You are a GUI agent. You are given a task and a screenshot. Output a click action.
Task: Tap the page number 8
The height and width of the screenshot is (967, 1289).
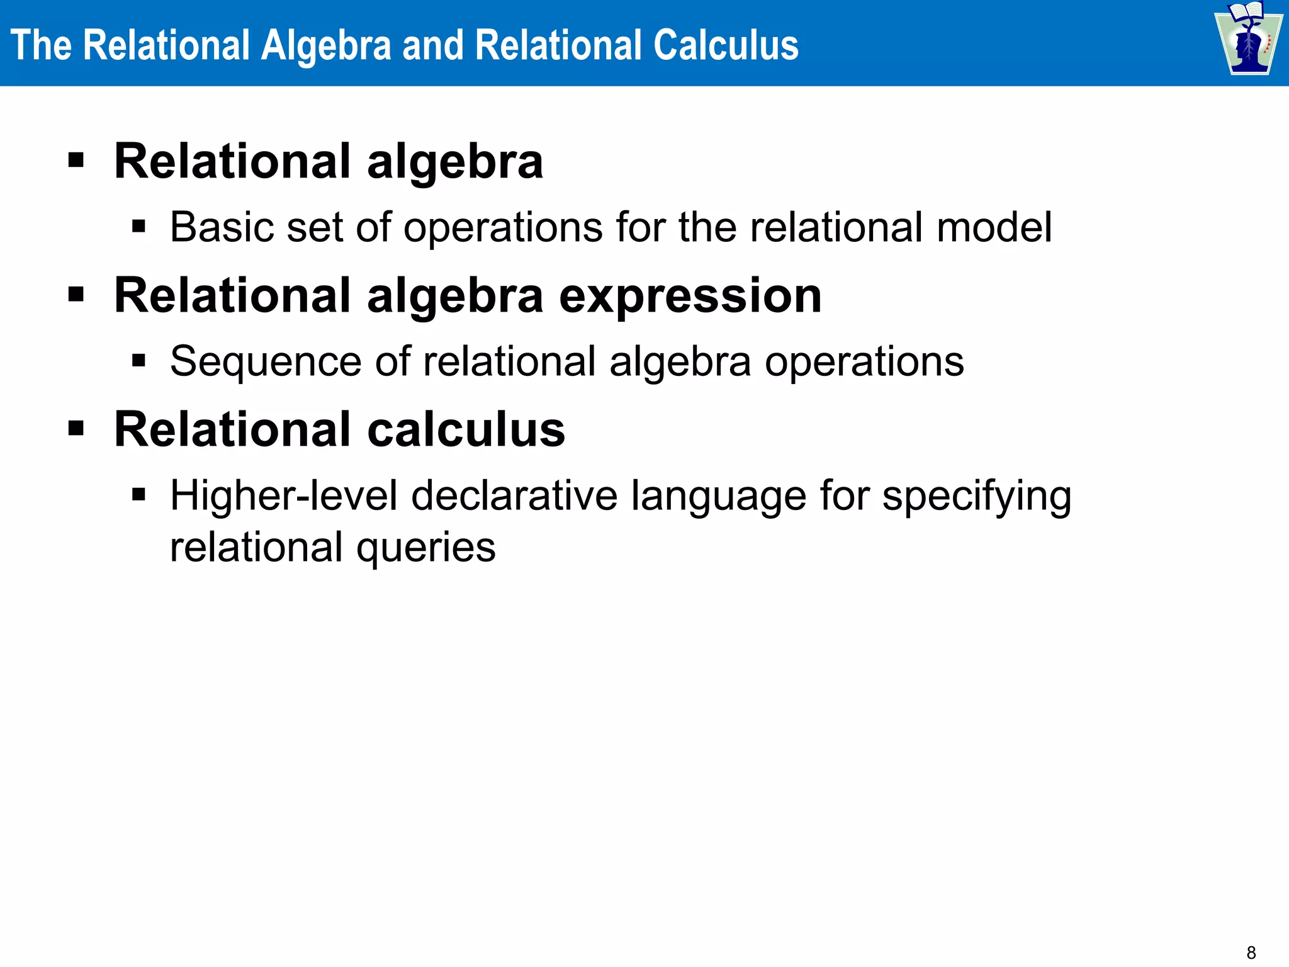pyautogui.click(x=1251, y=953)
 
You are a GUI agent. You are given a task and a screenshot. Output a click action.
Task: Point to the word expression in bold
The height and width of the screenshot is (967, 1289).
pyautogui.click(x=690, y=296)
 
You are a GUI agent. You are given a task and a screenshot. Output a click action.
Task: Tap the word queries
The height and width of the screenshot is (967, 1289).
pyautogui.click(x=426, y=548)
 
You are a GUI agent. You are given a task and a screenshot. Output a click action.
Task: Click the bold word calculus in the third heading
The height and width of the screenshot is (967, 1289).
pyautogui.click(x=466, y=430)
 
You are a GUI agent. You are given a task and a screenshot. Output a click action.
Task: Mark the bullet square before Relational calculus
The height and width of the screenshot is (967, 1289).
pyautogui.click(x=76, y=429)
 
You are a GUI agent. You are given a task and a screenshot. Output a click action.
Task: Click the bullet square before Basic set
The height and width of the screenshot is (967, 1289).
pyautogui.click(x=139, y=227)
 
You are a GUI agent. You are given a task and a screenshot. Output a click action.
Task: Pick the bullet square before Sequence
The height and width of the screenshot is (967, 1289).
pyautogui.click(x=139, y=361)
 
